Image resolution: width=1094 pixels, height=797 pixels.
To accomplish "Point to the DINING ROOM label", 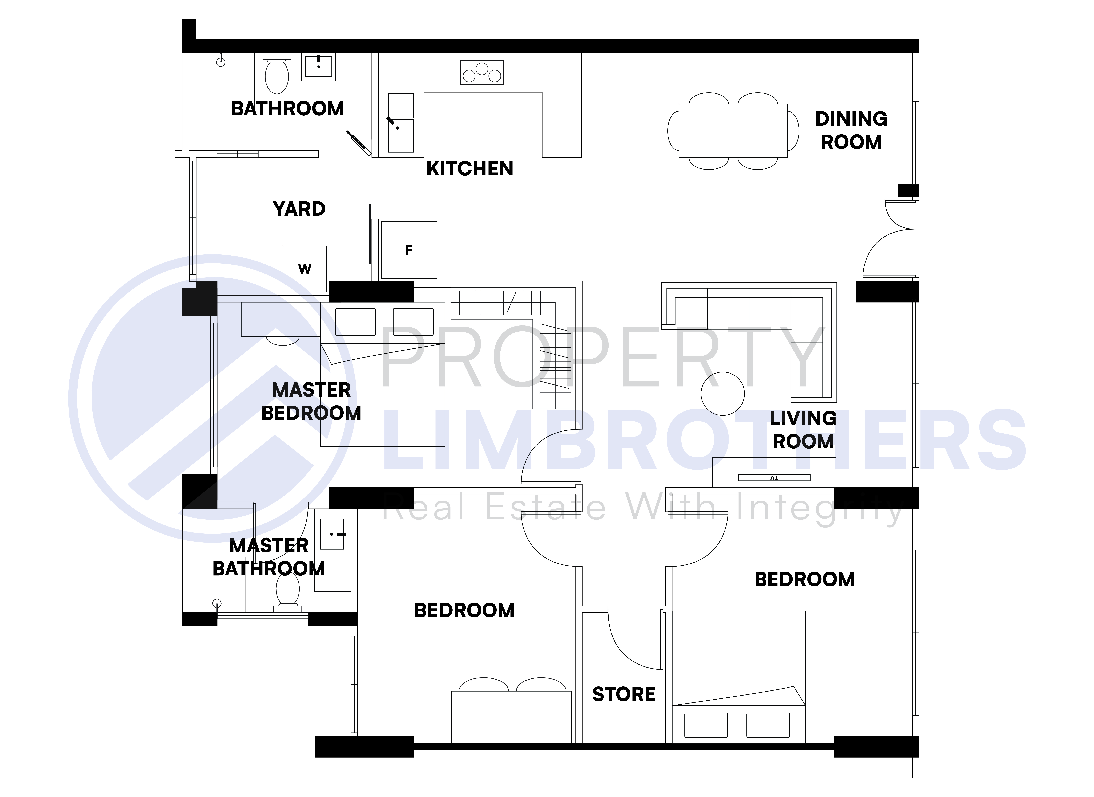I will point(851,130).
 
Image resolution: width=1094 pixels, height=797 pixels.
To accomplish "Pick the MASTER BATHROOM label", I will point(269,557).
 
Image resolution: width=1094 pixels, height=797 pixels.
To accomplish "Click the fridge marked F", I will point(409,250).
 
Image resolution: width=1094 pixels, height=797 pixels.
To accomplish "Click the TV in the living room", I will point(774,478).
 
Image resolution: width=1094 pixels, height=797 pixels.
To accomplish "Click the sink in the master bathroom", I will point(332,534).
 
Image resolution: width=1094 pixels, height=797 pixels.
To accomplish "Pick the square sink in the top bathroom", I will point(318,67).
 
